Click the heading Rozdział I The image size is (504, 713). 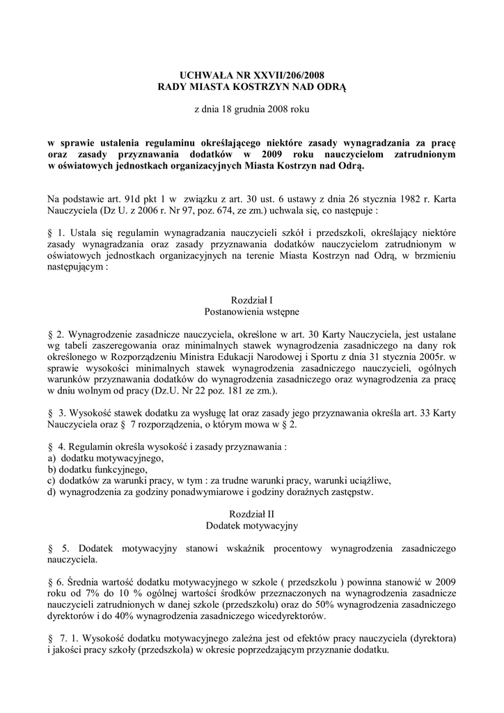click(x=251, y=299)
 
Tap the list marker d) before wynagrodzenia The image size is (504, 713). click(x=52, y=492)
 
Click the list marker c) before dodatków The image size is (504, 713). click(x=51, y=481)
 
